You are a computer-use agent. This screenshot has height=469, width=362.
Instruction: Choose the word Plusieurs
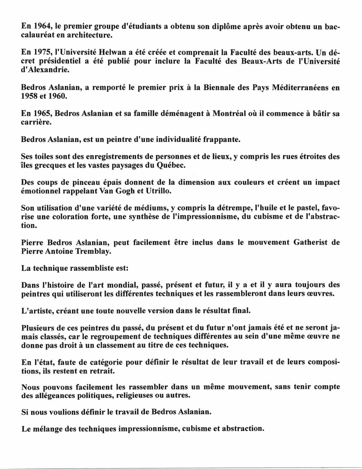[39, 328]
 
